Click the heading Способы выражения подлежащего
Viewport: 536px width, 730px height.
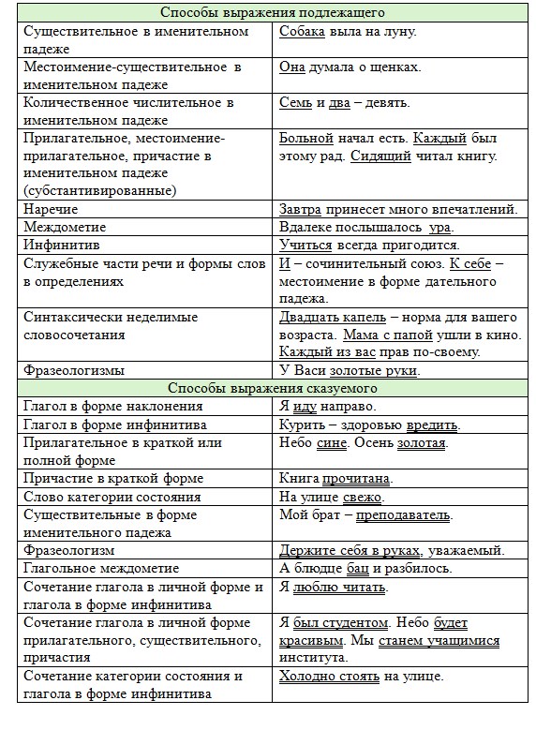click(272, 13)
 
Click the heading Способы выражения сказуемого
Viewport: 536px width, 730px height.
click(272, 388)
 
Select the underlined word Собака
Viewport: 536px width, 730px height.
click(303, 32)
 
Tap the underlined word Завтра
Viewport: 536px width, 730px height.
click(303, 209)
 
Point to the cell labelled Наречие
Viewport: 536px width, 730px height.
click(52, 209)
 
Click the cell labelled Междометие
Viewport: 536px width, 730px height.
click(66, 227)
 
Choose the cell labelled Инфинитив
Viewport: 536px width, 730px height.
click(58, 245)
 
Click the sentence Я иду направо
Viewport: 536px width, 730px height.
click(327, 407)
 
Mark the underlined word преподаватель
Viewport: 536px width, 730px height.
click(405, 515)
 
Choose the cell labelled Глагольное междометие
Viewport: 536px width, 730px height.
click(101, 569)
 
